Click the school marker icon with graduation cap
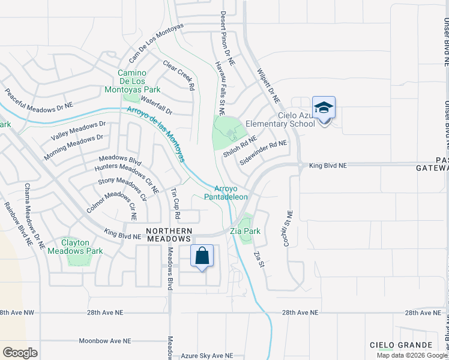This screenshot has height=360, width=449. click(324, 109)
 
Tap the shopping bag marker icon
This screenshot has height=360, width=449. click(203, 256)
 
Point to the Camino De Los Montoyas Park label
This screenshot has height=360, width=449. click(131, 81)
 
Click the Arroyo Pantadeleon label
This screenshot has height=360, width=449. click(226, 192)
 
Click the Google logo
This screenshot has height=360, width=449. click(20, 352)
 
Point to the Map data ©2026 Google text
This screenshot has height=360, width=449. click(412, 355)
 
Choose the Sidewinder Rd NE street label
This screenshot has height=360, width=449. click(264, 152)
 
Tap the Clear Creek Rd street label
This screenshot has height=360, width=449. click(179, 74)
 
